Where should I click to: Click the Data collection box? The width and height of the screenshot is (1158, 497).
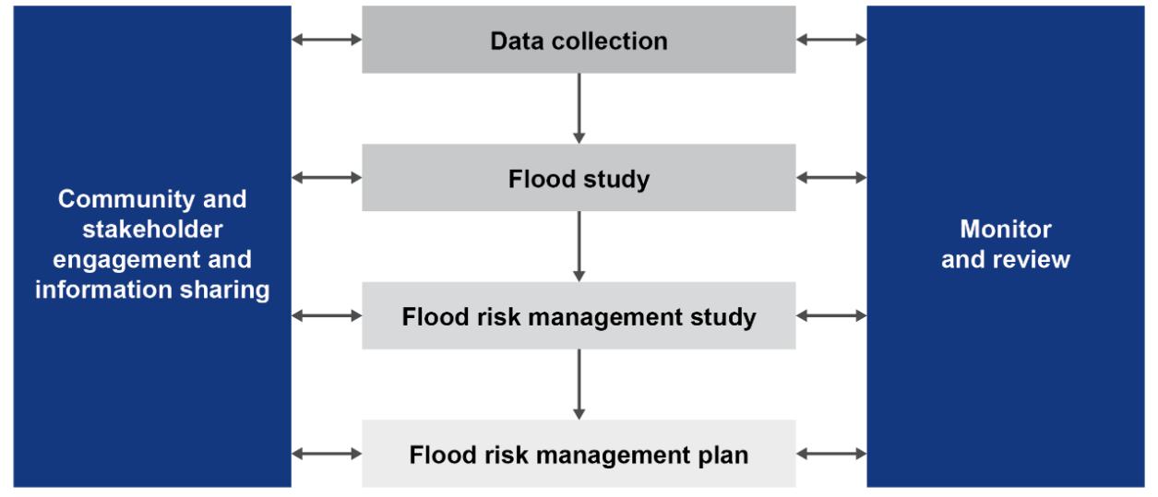579,40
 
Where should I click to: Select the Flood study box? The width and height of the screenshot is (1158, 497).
579,177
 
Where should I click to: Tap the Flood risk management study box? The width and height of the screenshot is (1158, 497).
579,315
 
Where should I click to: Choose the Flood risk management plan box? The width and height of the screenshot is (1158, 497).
579,453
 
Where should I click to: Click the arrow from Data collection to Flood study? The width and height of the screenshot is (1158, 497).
579,108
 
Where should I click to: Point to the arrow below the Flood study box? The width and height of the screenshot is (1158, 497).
579,246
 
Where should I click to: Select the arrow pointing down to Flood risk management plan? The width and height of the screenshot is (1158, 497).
579,384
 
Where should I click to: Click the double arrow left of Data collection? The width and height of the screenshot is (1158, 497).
327,40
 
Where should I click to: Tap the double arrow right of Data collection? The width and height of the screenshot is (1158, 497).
831,40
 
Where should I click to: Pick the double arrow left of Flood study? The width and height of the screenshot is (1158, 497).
327,177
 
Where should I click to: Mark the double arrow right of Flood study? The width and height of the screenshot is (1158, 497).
831,177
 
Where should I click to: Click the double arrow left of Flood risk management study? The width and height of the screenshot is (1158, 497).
327,315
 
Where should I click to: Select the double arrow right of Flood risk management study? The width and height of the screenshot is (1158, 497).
831,315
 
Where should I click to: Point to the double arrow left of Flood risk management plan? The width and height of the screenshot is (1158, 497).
327,453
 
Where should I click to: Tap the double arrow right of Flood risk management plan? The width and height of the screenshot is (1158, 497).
831,453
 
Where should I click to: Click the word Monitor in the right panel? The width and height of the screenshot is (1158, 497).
1005,230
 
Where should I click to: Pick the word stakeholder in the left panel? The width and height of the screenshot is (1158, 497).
152,230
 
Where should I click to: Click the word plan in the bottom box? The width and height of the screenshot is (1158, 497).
724,454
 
